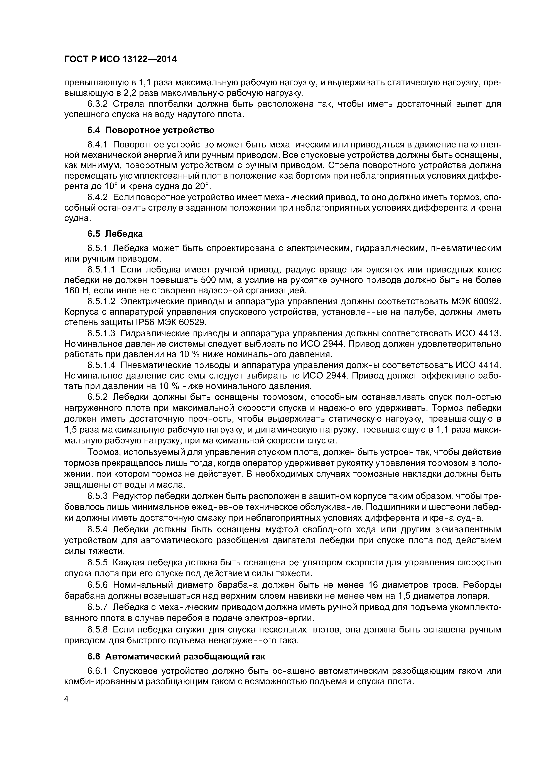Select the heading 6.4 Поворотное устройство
pyautogui.click(x=151, y=130)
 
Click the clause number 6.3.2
pyautogui.click(x=98, y=104)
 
